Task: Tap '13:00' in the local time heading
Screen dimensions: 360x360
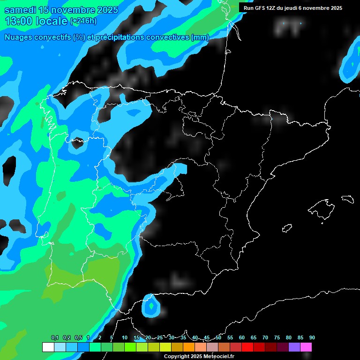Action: point(18,21)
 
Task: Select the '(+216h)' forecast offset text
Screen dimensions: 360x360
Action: point(83,21)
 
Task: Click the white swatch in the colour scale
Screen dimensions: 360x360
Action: point(48,347)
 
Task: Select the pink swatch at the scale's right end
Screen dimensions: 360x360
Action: point(306,347)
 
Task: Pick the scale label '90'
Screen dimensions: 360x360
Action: point(312,337)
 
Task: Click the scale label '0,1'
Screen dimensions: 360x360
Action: point(55,337)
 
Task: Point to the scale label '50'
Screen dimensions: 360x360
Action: point(218,337)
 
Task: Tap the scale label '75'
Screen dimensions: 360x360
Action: point(277,337)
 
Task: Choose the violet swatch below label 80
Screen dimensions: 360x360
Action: point(294,347)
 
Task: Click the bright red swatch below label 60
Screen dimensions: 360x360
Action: point(247,347)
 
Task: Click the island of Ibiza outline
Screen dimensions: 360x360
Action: point(287,228)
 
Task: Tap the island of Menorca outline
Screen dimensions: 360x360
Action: point(347,199)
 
